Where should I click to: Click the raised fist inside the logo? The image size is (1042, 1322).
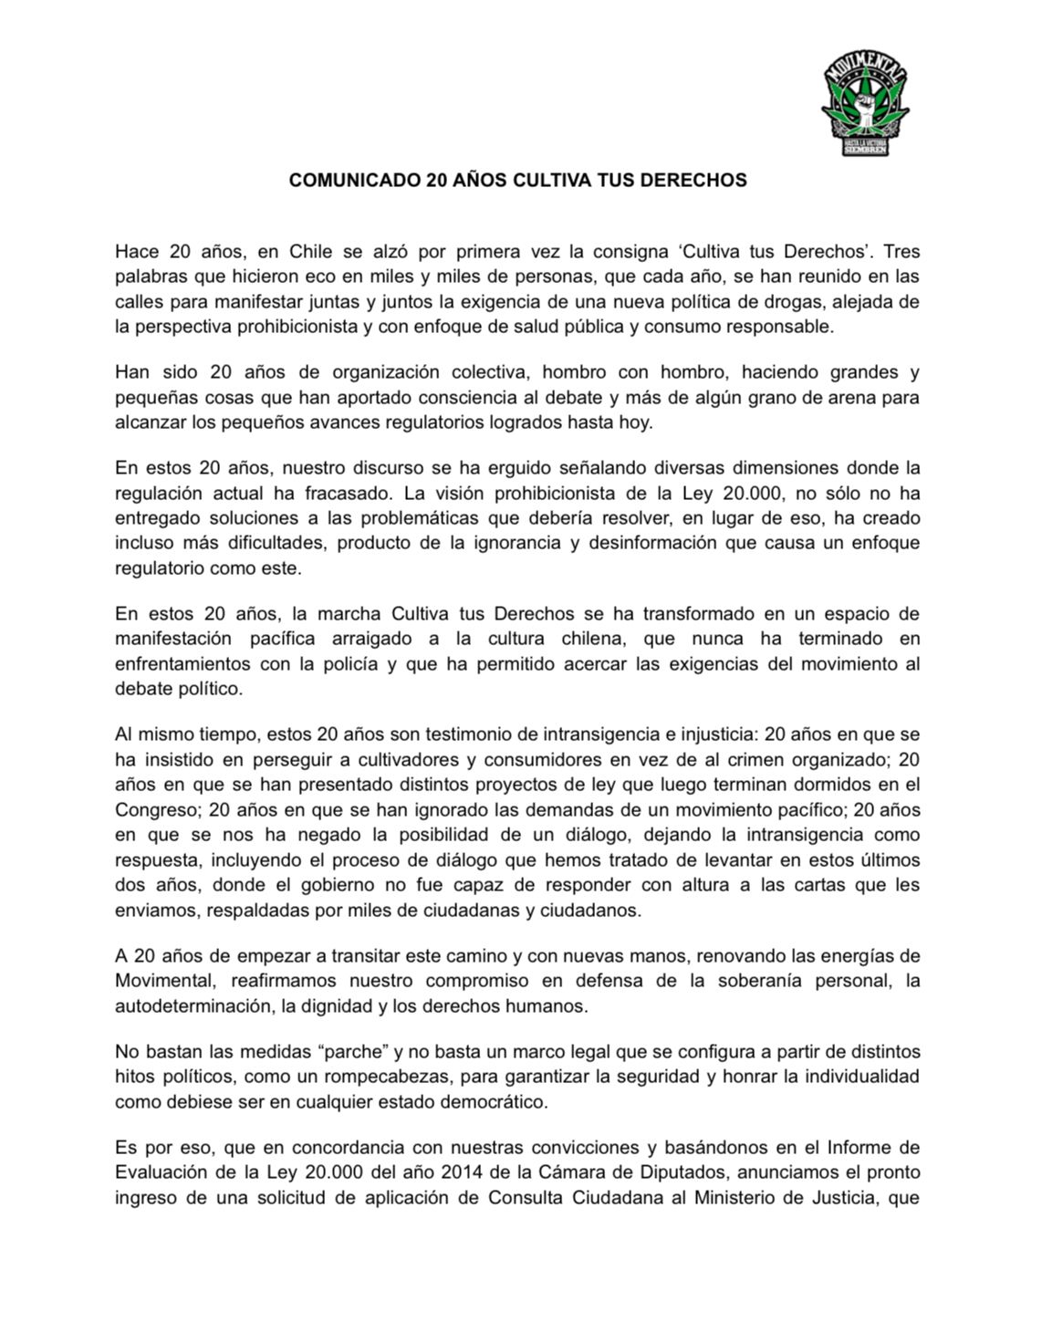(863, 109)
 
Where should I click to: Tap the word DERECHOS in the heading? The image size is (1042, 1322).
(701, 180)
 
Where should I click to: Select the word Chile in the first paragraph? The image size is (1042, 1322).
(314, 251)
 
